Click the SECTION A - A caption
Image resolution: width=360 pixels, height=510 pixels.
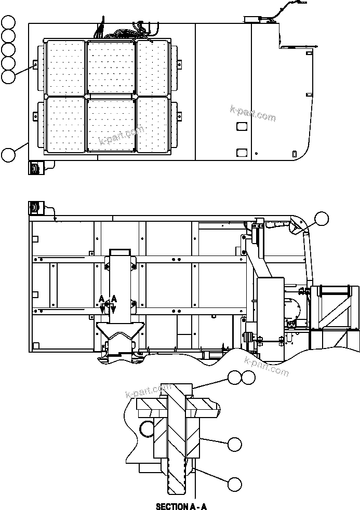(x=181, y=505)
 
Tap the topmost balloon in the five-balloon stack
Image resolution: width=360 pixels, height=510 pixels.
(x=8, y=22)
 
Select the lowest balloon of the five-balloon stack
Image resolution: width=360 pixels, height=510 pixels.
(x=8, y=77)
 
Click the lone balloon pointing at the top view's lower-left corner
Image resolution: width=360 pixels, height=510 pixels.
(x=8, y=155)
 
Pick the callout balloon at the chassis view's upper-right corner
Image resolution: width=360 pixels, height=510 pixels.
(x=322, y=219)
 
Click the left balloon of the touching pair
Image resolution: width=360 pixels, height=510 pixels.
(x=235, y=378)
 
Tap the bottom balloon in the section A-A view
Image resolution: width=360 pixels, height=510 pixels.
(x=235, y=485)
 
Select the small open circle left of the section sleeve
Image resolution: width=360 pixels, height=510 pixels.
(x=148, y=428)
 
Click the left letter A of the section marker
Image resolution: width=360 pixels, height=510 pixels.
(x=102, y=299)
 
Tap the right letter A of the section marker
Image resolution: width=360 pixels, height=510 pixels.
(x=114, y=299)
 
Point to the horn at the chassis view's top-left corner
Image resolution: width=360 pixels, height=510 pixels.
(x=34, y=207)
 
